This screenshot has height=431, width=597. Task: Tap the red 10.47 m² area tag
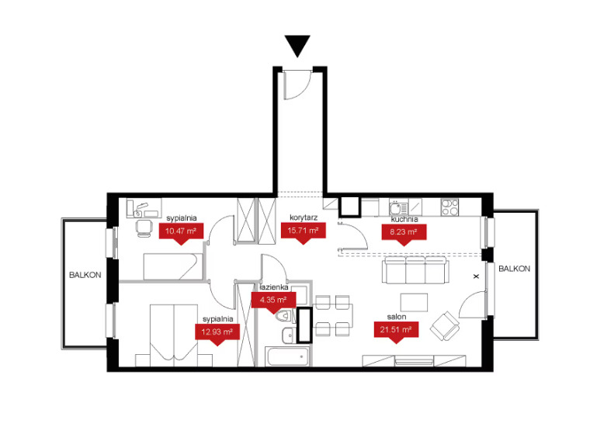click(x=181, y=232)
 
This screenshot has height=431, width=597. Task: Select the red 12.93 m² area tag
click(x=217, y=333)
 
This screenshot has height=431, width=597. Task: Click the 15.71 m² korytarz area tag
click(x=303, y=232)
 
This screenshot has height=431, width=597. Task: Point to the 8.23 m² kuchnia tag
click(x=404, y=233)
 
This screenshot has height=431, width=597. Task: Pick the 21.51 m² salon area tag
click(x=396, y=331)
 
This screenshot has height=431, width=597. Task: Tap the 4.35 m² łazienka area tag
click(x=273, y=301)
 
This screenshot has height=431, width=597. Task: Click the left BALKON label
click(x=85, y=275)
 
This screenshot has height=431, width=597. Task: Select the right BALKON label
click(x=514, y=269)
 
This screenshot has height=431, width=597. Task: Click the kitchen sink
click(x=398, y=207)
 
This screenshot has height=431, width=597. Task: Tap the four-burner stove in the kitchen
click(x=449, y=207)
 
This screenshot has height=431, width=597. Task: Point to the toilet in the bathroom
click(x=284, y=315)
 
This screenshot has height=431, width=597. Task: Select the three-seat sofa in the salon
click(x=415, y=270)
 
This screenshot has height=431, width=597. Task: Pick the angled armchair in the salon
click(x=445, y=325)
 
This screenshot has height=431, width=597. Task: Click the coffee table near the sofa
click(x=414, y=302)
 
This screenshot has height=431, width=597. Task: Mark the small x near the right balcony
click(x=476, y=276)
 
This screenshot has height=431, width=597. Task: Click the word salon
click(x=397, y=317)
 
